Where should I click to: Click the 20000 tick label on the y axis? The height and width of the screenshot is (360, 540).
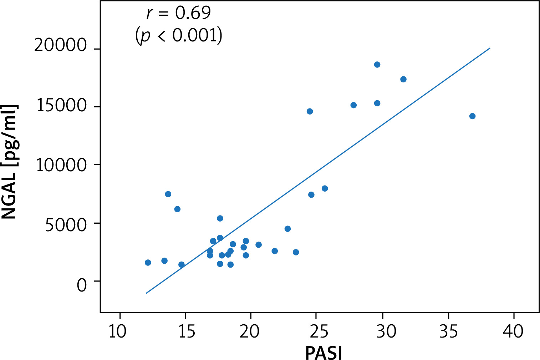(x=61, y=46)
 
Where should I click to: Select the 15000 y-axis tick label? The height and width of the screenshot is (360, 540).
(x=62, y=106)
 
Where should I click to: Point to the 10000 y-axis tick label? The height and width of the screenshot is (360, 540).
(x=61, y=165)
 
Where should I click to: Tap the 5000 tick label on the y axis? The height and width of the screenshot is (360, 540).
(x=66, y=225)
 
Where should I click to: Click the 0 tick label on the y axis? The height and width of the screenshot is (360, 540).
(x=82, y=285)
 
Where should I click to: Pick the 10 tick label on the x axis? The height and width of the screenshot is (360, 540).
(x=117, y=331)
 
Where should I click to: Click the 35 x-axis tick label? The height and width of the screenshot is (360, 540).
(x=448, y=331)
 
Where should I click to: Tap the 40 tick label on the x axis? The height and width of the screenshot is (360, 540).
(x=513, y=331)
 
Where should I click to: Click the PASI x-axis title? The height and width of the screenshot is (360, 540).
(x=324, y=353)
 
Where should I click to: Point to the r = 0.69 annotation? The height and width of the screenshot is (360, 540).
(x=179, y=14)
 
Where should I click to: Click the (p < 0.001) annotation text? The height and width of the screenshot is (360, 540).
(x=179, y=35)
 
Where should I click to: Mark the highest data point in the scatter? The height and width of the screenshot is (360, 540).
(x=377, y=65)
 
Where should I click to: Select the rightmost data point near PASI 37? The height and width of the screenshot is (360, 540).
(x=472, y=116)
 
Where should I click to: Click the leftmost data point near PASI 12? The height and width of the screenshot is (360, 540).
(x=148, y=263)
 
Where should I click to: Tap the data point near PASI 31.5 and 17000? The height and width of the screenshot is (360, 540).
(x=403, y=79)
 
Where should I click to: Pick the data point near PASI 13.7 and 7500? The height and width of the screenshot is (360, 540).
(x=168, y=194)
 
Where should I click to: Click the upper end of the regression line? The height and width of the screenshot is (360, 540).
(x=490, y=48)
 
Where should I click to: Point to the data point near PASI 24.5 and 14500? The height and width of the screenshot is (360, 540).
(x=310, y=111)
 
